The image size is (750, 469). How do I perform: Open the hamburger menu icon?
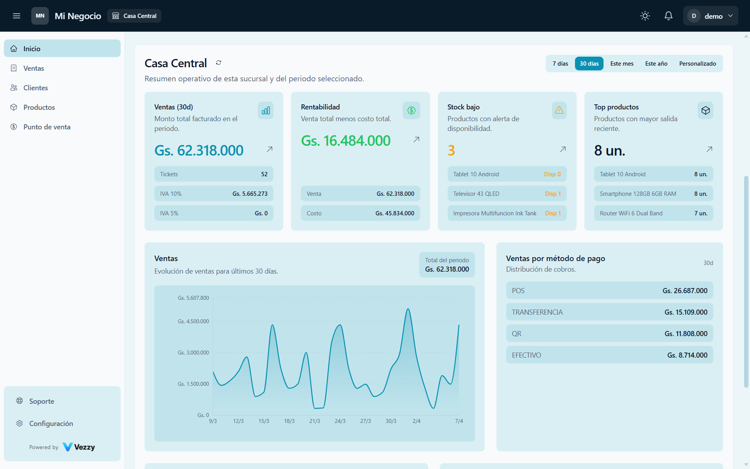(16, 16)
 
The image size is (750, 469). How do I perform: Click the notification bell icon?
(668, 16)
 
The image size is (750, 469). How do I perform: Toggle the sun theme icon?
(645, 16)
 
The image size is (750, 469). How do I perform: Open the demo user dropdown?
(710, 16)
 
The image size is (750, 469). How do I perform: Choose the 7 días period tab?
(560, 64)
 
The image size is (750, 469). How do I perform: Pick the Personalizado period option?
(697, 64)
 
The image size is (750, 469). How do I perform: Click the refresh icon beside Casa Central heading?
(219, 63)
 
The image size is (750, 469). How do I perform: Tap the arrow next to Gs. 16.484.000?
(416, 140)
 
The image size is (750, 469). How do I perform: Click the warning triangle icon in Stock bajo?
(559, 110)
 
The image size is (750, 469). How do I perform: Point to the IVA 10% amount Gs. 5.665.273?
(250, 194)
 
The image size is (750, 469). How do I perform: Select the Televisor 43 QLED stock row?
(507, 194)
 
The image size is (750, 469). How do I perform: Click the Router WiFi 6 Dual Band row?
(653, 213)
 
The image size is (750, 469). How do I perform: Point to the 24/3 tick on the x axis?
(340, 421)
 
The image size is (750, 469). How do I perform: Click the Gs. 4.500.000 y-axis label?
(193, 321)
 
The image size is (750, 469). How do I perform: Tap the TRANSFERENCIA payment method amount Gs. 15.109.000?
(686, 312)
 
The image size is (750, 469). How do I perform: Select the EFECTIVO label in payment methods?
(526, 355)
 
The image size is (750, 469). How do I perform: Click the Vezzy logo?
(79, 447)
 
